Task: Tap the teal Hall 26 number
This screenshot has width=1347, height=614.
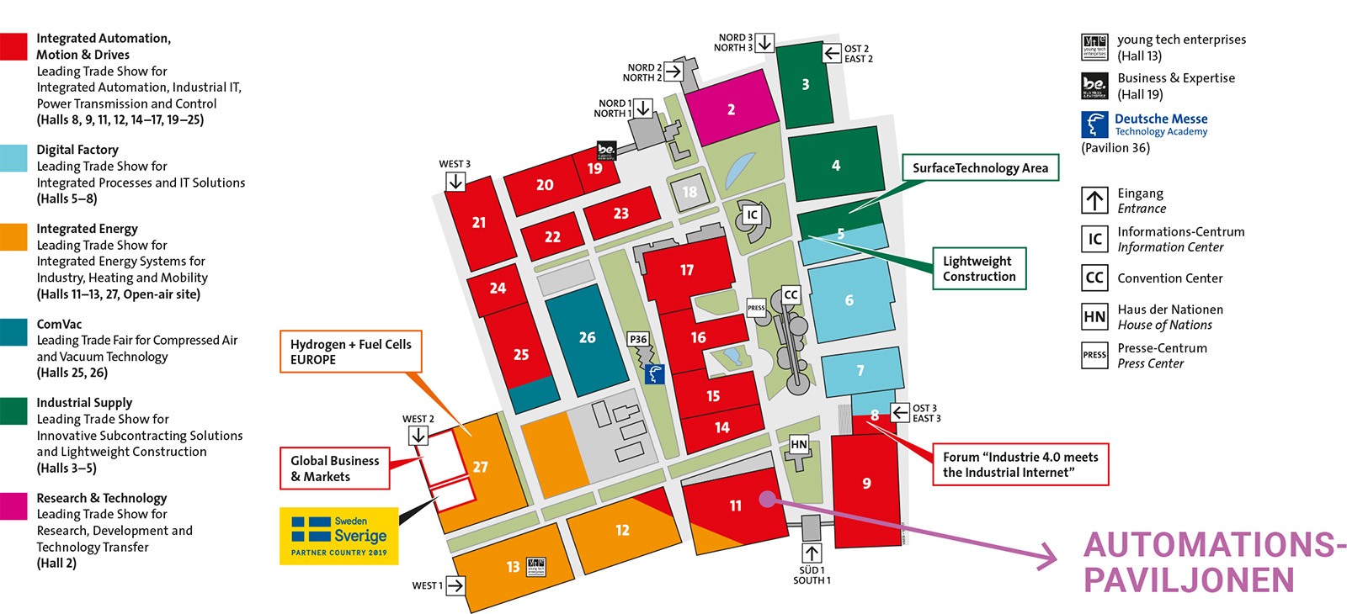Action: tap(587, 337)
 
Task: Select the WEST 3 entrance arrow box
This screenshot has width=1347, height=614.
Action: tap(455, 181)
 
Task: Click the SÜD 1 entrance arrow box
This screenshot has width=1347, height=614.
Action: tap(812, 553)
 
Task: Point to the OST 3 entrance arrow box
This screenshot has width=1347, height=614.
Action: tap(900, 412)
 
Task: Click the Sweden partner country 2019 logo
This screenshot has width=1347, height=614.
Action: tap(338, 536)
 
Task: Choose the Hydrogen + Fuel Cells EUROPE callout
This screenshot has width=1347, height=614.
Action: tap(350, 352)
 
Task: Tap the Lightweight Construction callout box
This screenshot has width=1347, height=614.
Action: tap(979, 268)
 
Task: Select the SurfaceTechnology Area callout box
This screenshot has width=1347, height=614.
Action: tap(980, 167)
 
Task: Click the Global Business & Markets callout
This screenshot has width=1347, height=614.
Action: tap(334, 468)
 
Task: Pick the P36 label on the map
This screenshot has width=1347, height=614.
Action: tap(638, 339)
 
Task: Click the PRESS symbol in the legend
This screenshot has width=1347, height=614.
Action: tap(1094, 355)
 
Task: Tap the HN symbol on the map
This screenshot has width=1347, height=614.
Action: tap(798, 444)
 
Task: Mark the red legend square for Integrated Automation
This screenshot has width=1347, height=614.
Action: tap(13, 46)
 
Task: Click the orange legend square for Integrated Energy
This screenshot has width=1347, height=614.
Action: tap(13, 236)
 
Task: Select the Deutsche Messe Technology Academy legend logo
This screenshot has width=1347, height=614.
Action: tap(1094, 124)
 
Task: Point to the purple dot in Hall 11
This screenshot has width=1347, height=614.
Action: tap(766, 500)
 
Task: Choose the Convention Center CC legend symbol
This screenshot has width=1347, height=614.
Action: tap(1094, 278)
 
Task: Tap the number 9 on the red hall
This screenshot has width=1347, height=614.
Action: tap(866, 483)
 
